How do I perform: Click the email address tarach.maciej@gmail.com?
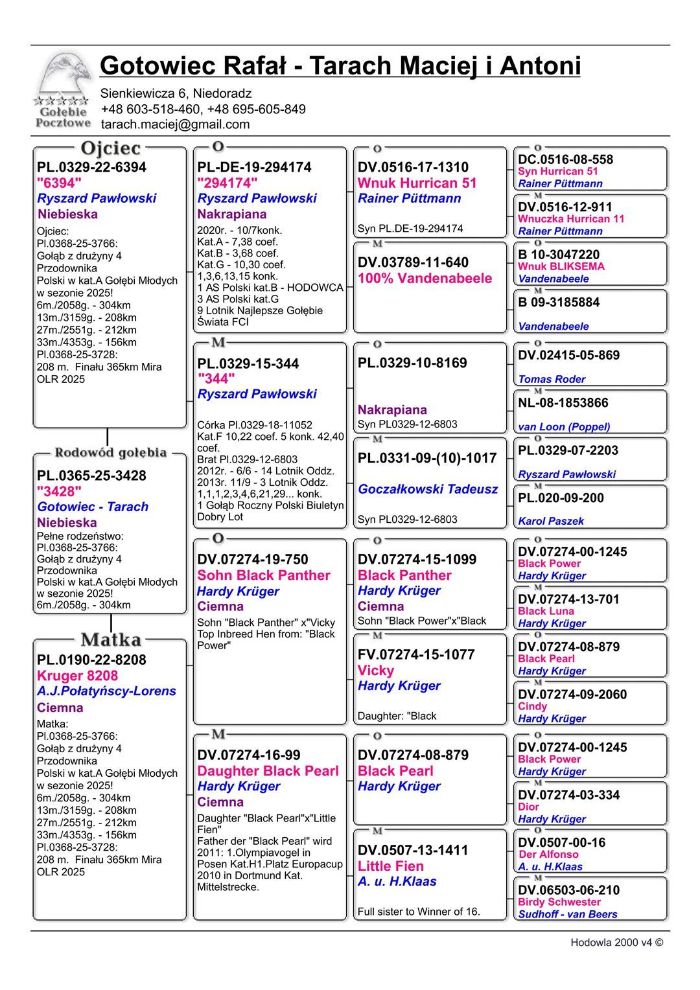tap(175, 124)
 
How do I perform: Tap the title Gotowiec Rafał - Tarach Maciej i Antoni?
tap(340, 66)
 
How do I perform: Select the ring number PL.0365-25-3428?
tap(91, 476)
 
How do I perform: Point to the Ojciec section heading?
tap(111, 148)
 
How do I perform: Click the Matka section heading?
tap(111, 640)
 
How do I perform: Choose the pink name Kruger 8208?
tap(77, 676)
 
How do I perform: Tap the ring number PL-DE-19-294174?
tap(254, 167)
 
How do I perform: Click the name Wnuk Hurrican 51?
tap(417, 183)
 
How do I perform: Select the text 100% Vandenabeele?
tap(425, 279)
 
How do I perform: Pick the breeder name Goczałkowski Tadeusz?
tap(428, 489)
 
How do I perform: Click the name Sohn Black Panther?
tap(263, 575)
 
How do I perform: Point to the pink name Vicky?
tap(376, 671)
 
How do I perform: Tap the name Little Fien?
tap(390, 866)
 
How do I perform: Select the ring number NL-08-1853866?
tap(563, 403)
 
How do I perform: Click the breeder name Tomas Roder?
tap(552, 380)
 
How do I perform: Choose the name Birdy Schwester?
tap(559, 902)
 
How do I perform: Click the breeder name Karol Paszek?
tap(551, 521)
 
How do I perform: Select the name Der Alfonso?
tap(548, 855)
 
